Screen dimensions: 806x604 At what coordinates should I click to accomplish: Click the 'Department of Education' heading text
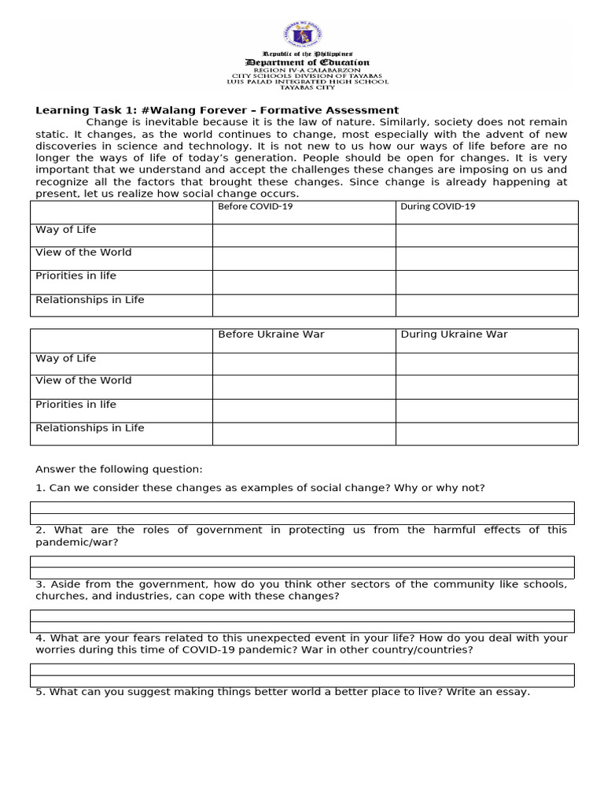tap(307, 62)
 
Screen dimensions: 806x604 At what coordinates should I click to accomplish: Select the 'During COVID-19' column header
tap(438, 207)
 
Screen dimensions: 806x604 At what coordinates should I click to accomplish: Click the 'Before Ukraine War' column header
tap(271, 335)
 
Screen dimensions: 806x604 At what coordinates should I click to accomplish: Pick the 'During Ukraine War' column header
tap(454, 335)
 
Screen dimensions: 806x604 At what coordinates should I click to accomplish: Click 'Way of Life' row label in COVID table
tap(65, 230)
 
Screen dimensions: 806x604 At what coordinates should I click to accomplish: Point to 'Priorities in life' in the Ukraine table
tap(75, 405)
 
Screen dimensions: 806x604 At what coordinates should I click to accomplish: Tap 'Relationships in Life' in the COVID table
tap(90, 300)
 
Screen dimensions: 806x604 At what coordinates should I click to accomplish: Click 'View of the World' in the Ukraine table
tap(83, 381)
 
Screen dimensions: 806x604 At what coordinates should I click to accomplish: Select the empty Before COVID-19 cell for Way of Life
tap(304, 235)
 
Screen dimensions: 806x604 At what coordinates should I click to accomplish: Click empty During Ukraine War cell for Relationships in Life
tap(486, 434)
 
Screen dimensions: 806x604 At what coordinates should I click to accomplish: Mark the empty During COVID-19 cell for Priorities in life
tap(486, 282)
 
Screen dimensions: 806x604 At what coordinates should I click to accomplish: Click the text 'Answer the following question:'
tap(119, 469)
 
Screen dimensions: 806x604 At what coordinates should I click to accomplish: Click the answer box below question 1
tap(302, 513)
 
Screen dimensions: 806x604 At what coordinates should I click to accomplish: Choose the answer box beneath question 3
tap(302, 621)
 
